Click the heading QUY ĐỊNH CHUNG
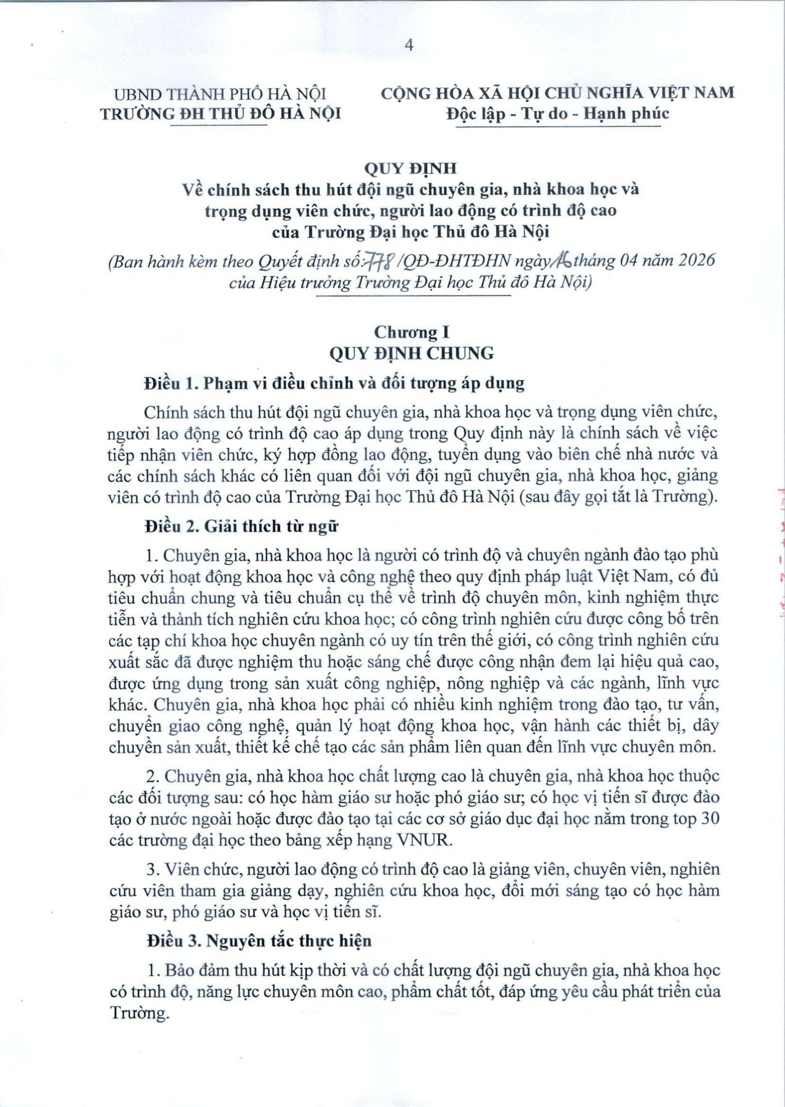(411, 354)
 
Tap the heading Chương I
(412, 332)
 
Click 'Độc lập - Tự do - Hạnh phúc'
(558, 113)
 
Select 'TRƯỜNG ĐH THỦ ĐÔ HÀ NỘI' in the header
(221, 113)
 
